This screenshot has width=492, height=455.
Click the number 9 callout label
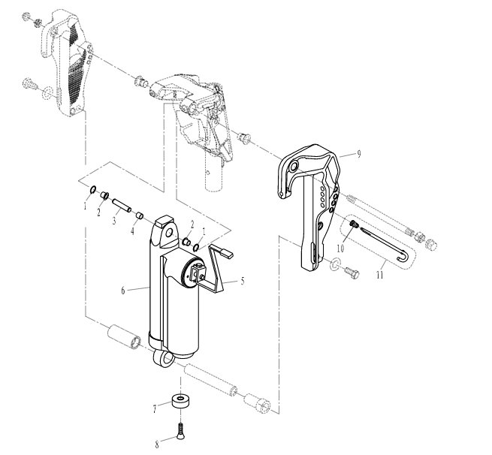pyautogui.click(x=359, y=154)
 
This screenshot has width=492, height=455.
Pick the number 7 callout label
pyautogui.click(x=155, y=408)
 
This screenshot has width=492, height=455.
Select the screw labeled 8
pyautogui.click(x=180, y=429)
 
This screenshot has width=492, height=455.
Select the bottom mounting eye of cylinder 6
pyautogui.click(x=164, y=359)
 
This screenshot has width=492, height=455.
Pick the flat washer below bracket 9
pyautogui.click(x=336, y=264)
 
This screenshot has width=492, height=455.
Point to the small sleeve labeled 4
pyautogui.click(x=139, y=217)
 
